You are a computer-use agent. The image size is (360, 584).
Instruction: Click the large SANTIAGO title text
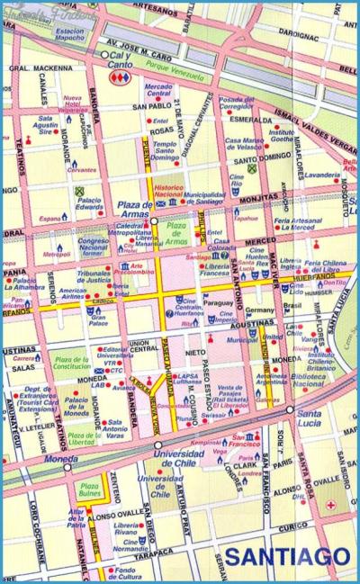coord(286,559)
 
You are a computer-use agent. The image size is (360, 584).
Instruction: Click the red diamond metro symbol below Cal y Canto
coord(118,78)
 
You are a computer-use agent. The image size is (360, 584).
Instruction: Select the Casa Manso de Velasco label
coord(244,143)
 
